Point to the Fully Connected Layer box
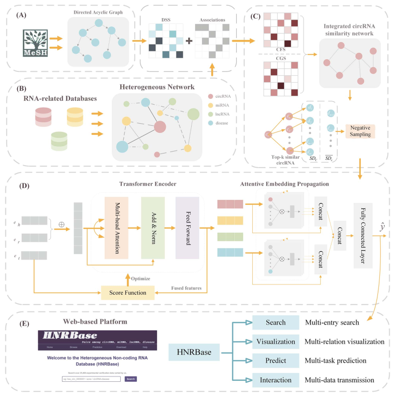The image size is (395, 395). point(362,234)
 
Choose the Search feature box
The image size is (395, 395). point(276,323)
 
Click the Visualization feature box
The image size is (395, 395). point(276,341)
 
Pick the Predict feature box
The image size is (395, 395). point(276,361)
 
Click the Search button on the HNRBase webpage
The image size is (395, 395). point(131,378)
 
